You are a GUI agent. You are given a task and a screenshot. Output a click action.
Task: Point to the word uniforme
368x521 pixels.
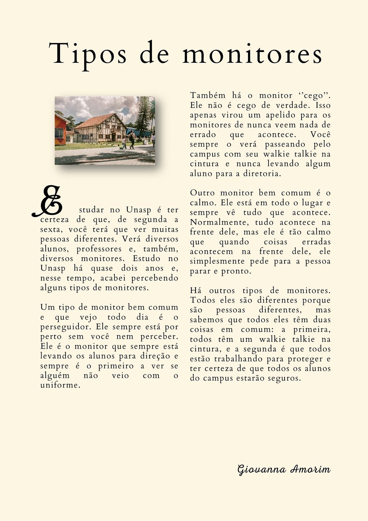pos(60,386)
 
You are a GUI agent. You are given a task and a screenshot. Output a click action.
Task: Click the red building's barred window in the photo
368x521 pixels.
pos(59,133)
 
